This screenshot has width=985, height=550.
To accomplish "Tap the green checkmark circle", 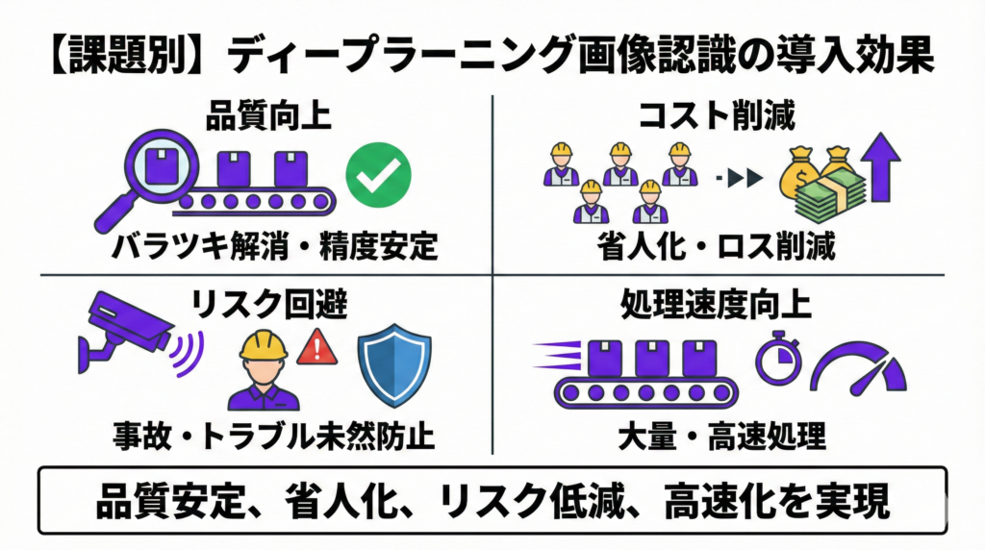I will click(x=378, y=173).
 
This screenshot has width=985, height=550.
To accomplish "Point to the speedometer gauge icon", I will click(x=858, y=366).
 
